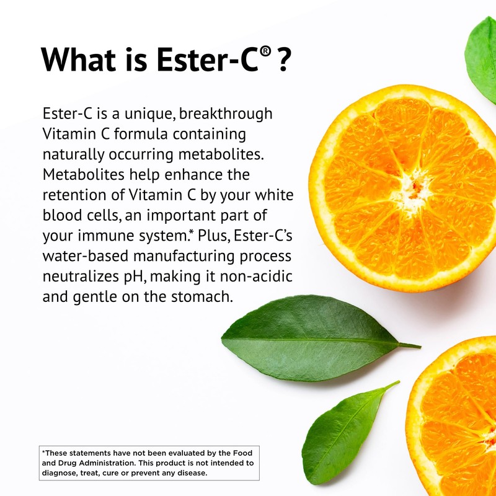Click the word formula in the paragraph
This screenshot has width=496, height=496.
click(161, 135)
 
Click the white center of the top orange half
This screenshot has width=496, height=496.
click(412, 187)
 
